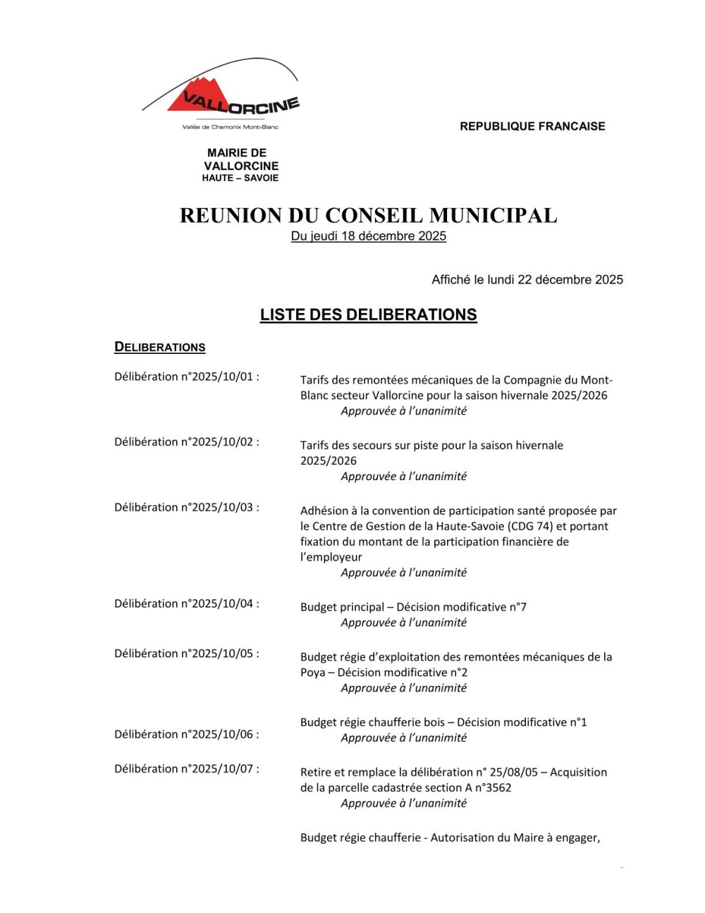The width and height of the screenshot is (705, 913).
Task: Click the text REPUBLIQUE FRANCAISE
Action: click(x=532, y=126)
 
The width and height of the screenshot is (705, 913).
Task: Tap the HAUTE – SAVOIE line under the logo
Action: click(x=240, y=178)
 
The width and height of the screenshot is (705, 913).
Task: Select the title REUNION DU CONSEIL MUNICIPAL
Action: click(x=368, y=215)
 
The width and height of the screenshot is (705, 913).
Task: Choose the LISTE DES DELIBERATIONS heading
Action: click(x=368, y=314)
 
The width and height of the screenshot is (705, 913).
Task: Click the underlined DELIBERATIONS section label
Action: click(x=160, y=347)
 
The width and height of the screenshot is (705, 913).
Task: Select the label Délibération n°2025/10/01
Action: click(x=187, y=376)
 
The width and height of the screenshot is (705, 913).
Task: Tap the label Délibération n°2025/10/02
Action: click(x=187, y=442)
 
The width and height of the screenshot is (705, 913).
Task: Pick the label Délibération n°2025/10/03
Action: click(x=187, y=508)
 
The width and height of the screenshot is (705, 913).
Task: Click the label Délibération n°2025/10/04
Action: click(x=187, y=603)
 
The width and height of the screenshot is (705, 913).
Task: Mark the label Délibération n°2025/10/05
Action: click(x=187, y=654)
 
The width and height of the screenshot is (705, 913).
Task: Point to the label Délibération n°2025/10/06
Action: click(x=187, y=735)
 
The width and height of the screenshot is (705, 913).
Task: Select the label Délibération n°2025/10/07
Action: click(x=187, y=769)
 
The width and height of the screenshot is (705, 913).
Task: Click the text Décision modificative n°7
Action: click(x=461, y=607)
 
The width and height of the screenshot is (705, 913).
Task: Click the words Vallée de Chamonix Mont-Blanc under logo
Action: click(x=231, y=127)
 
